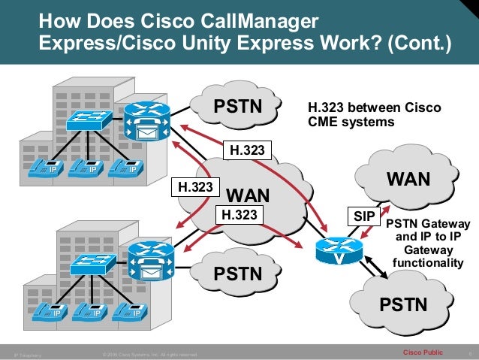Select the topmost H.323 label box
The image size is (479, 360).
[x=247, y=150]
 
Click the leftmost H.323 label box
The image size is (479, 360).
[x=194, y=186]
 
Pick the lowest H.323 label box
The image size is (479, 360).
[x=241, y=214]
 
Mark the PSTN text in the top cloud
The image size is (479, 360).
[x=238, y=107]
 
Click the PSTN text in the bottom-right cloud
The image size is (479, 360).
[x=404, y=304]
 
